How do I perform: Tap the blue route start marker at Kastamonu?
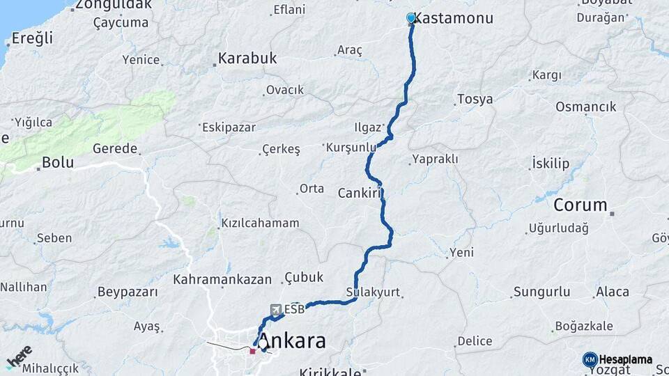click(x=411, y=18)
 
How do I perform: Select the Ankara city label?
click(x=297, y=341)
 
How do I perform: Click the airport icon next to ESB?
click(x=276, y=308)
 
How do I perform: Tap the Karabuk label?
click(x=247, y=58)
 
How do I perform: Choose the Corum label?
click(x=580, y=205)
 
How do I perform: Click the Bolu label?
click(x=58, y=162)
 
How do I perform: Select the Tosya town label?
click(x=475, y=99)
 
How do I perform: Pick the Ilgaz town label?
click(x=368, y=127)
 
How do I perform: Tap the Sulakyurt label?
click(x=373, y=292)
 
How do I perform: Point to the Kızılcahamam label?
click(x=260, y=224)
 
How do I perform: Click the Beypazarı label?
click(x=128, y=292)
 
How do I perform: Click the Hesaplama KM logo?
click(x=617, y=359)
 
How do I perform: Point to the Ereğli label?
click(x=32, y=38)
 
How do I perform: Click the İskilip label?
click(x=551, y=164)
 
